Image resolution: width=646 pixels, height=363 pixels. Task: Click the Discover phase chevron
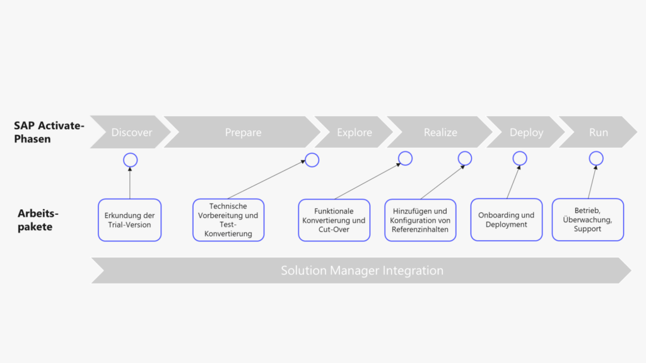[x=131, y=132]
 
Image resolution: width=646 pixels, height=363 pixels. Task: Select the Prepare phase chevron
[x=243, y=132]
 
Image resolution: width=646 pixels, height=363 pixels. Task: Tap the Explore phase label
[x=354, y=132]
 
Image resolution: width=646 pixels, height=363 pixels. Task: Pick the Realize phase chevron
[x=440, y=132]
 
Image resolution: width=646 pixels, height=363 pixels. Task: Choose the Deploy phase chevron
[x=526, y=132]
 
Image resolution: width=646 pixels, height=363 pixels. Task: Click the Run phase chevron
[x=598, y=132]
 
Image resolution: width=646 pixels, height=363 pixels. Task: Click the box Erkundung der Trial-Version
[x=129, y=220]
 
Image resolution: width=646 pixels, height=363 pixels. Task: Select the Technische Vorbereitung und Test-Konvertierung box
[x=228, y=220]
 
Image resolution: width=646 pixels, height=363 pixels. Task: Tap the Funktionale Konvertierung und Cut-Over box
[x=334, y=220]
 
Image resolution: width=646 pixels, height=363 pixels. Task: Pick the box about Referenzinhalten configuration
[x=420, y=220]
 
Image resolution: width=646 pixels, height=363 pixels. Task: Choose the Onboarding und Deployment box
[x=506, y=220]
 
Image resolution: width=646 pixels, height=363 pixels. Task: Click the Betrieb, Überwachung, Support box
[x=587, y=220]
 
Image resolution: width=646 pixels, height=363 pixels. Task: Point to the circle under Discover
[x=130, y=160]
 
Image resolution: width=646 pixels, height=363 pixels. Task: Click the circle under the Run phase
[x=595, y=158]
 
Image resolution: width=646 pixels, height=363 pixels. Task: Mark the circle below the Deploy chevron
[x=519, y=158]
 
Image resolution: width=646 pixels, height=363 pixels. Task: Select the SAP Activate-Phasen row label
[x=49, y=132]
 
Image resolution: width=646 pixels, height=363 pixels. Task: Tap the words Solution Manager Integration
[x=362, y=270]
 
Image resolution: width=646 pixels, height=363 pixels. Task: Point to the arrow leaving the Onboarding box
[x=512, y=183]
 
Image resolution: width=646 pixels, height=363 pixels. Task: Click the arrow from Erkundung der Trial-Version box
[x=130, y=184]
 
